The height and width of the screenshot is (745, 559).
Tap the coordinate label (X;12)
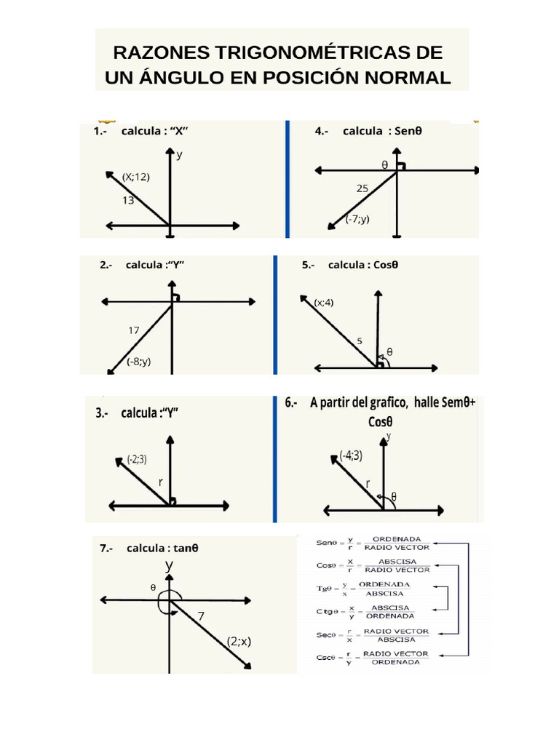(x=136, y=178)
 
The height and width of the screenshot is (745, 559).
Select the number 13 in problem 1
(x=128, y=201)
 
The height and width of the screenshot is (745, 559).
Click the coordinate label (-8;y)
(x=139, y=362)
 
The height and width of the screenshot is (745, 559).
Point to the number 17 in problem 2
(x=134, y=330)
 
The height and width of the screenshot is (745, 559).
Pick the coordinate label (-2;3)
(x=137, y=460)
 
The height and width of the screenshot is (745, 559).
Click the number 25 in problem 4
(x=362, y=188)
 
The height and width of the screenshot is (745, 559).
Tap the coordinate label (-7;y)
(x=357, y=219)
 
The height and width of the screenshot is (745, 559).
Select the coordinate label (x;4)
(x=324, y=303)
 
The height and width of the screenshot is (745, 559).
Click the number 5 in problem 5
(x=360, y=341)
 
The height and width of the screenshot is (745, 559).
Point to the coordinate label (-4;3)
(x=351, y=455)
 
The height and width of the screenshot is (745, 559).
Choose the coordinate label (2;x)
(x=239, y=642)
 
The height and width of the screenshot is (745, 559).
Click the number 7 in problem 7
(x=201, y=616)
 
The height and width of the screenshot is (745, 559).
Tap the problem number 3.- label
(x=102, y=413)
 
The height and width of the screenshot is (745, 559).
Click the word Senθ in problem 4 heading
(x=408, y=131)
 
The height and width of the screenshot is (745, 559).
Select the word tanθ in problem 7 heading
(x=186, y=549)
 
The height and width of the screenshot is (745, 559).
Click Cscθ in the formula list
(x=326, y=658)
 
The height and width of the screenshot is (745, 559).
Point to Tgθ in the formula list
(x=328, y=589)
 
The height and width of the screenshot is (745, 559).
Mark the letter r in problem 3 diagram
(x=161, y=482)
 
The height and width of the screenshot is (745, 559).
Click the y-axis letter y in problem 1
(x=179, y=155)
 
